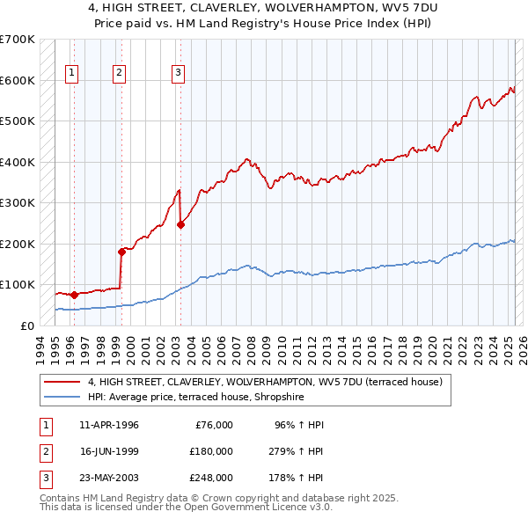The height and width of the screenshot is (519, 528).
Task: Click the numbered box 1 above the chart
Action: [x=71, y=73]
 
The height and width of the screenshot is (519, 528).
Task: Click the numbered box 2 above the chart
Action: [x=119, y=73]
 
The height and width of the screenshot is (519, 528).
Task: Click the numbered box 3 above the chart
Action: [x=178, y=73]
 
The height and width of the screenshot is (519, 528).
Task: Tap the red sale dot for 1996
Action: [x=74, y=295]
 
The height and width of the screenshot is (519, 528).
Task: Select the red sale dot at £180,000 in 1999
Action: [x=121, y=252]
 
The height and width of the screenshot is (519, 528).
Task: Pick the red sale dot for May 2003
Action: [x=180, y=224]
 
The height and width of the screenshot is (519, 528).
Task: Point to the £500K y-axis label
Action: [x=18, y=121]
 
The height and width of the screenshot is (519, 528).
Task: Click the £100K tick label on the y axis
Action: [x=18, y=284]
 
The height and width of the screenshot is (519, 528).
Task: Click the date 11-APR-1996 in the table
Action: [x=109, y=425]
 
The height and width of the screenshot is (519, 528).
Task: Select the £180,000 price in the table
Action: [x=210, y=451]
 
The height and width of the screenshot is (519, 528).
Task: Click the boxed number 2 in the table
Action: [x=44, y=451]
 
